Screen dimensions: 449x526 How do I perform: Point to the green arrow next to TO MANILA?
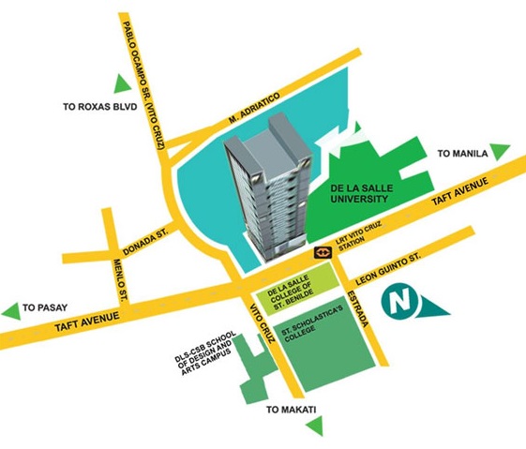pos(501,151)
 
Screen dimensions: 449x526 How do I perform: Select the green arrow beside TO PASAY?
pos(10,309)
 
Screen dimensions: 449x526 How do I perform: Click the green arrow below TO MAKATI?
pos(314,427)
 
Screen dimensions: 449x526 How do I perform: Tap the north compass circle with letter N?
pos(400,305)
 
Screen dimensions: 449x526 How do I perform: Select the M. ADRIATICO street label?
pos(254,111)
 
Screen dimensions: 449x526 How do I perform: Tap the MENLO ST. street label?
pos(119,278)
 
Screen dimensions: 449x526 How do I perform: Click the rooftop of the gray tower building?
pos(267,141)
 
